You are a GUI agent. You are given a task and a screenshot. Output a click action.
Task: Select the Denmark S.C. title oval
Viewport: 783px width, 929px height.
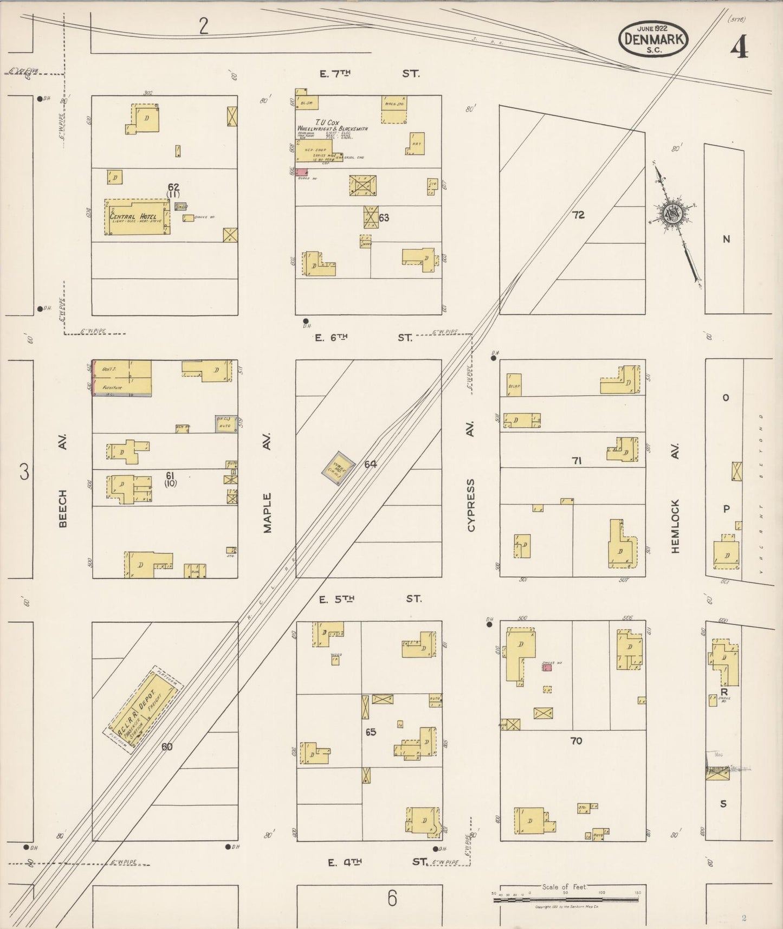pos(655,38)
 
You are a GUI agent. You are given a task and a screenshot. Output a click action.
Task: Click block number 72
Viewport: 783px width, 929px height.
pos(578,215)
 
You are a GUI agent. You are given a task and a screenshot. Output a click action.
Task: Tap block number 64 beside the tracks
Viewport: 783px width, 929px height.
pos(371,465)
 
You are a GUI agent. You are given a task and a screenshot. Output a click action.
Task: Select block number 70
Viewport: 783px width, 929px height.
pos(576,740)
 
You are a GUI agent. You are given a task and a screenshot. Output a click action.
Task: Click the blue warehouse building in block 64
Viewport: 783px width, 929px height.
pos(339,467)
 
